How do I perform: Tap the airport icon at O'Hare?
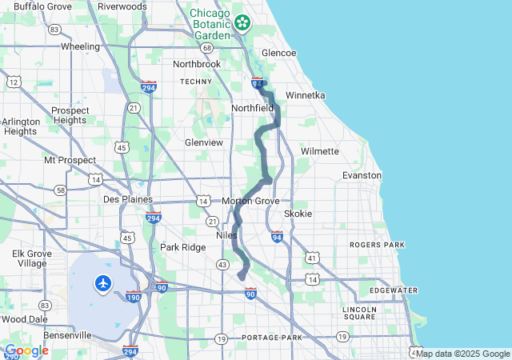coord(103,282)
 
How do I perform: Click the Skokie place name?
coord(298,214)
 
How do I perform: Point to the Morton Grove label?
coord(250,201)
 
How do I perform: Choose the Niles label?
coord(227,236)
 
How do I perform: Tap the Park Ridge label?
coord(182,247)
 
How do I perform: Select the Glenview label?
coord(203,142)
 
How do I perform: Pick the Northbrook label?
coord(196,64)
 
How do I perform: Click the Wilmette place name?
coord(320,151)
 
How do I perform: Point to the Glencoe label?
coord(278,53)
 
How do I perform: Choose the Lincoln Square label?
coord(358,313)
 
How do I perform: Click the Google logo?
coord(26,350)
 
